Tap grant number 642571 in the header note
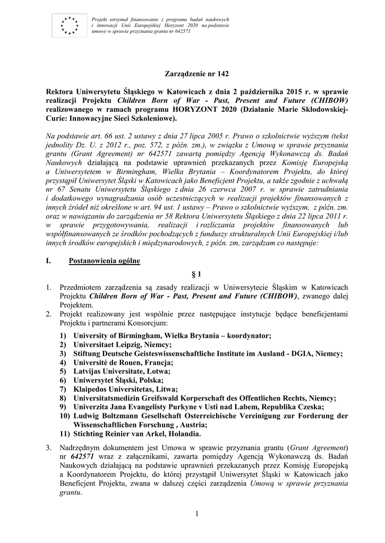182,31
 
